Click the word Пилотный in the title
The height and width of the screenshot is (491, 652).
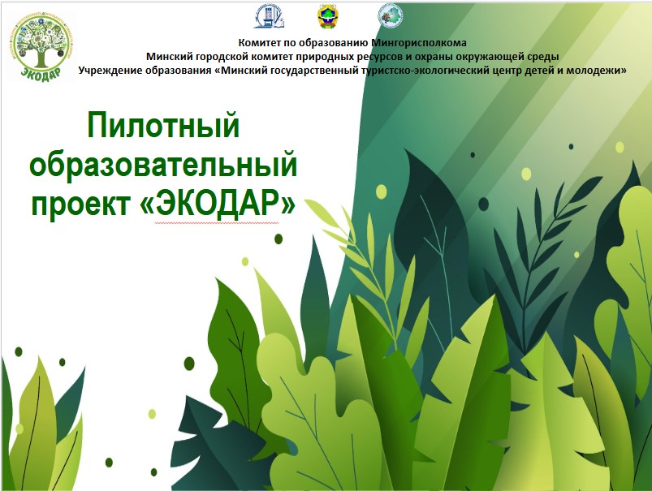(x=163, y=124)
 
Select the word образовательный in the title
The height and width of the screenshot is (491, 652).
(x=163, y=165)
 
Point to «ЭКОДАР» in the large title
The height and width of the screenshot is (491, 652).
(x=218, y=204)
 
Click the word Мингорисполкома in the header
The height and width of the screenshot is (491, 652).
(x=419, y=42)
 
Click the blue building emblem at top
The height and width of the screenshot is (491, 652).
(x=269, y=16)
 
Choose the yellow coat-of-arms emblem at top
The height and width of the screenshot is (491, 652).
(x=328, y=16)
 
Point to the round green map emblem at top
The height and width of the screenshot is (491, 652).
(x=390, y=15)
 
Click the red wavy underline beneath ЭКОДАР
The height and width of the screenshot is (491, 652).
(x=217, y=223)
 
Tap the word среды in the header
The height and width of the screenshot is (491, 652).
(x=544, y=57)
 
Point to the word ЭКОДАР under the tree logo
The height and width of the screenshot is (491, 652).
(x=41, y=73)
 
